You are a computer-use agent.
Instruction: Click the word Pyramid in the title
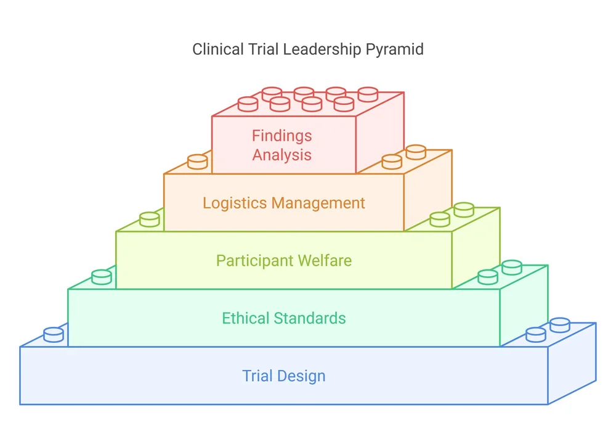[x=394, y=49]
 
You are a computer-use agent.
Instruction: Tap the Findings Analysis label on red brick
[x=282, y=145]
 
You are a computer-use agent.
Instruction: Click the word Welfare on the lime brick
[x=325, y=260]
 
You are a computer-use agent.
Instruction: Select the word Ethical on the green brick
[x=246, y=318]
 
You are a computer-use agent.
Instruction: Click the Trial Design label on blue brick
[x=283, y=376]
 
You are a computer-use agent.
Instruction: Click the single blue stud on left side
[x=54, y=335]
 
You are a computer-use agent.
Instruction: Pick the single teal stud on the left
[x=102, y=277]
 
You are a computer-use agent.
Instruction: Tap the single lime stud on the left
[x=150, y=219]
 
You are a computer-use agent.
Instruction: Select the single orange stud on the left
[x=197, y=162]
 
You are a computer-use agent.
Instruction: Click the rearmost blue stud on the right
[x=559, y=324]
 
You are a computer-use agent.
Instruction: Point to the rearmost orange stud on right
[x=416, y=152]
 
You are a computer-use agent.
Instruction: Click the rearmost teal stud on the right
[x=511, y=267]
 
